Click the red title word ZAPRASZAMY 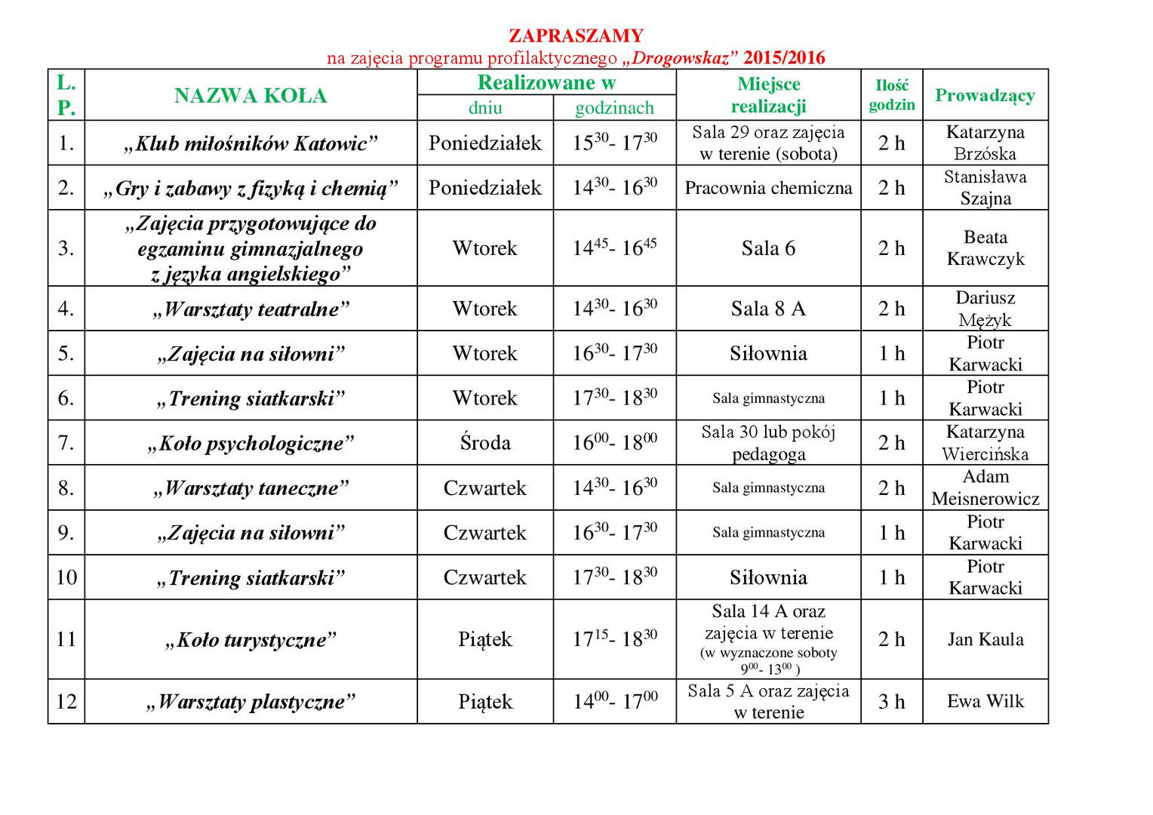576,35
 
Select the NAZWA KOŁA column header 251,96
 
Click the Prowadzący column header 985,95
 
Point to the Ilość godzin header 891,95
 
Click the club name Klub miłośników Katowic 251,143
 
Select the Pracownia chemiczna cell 768,188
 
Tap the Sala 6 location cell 768,248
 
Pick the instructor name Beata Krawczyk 985,248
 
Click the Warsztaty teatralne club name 251,309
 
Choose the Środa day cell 485,443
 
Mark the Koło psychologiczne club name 251,443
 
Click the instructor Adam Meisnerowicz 985,487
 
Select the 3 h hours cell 891,702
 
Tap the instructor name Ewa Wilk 985,701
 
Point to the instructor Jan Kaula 985,639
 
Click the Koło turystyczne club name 251,640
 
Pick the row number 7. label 66,442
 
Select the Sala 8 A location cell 768,309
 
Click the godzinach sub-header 614,108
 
